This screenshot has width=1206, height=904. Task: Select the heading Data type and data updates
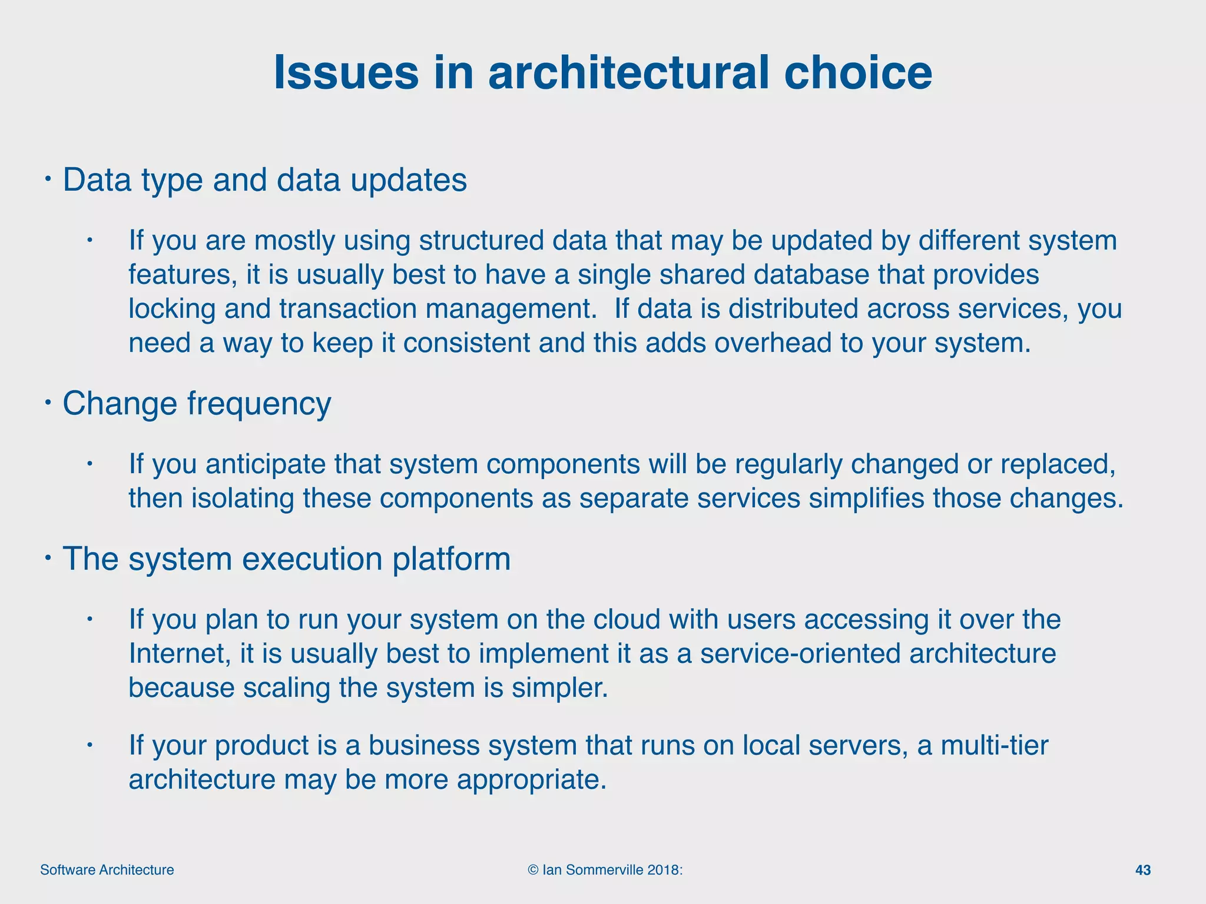point(264,180)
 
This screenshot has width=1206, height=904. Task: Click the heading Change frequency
point(197,404)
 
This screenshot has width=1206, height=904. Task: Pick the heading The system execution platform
point(286,559)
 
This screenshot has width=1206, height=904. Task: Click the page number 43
point(1142,870)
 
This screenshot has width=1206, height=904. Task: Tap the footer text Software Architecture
point(107,870)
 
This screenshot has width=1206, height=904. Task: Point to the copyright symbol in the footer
point(533,870)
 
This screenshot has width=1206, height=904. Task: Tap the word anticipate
point(266,464)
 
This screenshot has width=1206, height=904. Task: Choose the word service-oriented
point(800,654)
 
